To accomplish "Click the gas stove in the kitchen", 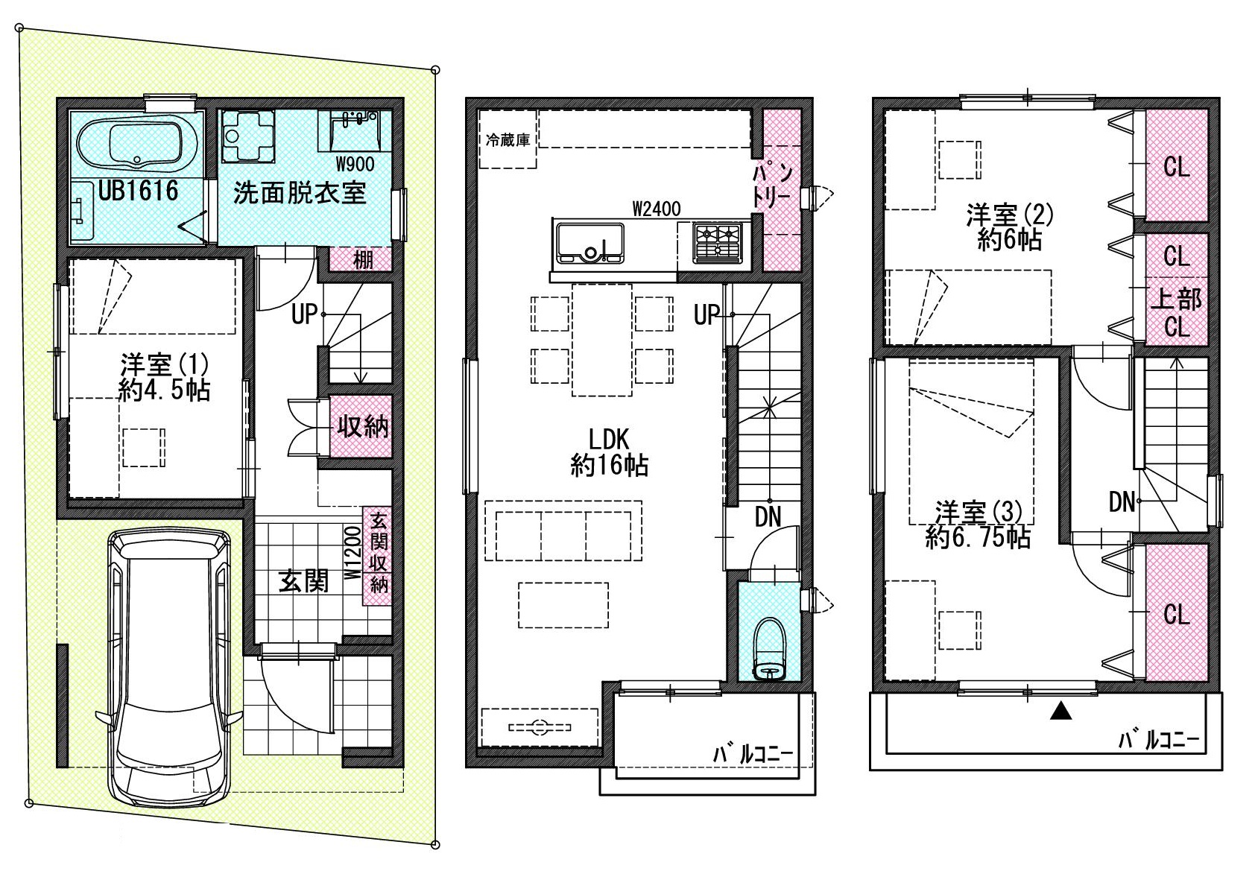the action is tap(718, 243).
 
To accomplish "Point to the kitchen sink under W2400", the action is tap(590, 244).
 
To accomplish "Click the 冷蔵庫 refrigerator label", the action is tap(508, 139).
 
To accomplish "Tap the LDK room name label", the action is tap(609, 439).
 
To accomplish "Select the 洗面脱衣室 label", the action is tap(299, 193).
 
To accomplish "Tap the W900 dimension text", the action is tap(355, 164).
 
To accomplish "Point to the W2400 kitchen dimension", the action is tap(657, 209).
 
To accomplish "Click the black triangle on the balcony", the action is tap(1060, 712).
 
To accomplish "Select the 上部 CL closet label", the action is tap(1176, 313).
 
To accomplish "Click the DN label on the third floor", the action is tap(1122, 502).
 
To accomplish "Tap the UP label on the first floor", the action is tap(305, 314).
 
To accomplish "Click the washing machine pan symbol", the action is tap(247, 136).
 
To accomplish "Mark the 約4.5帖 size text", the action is tap(164, 390).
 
